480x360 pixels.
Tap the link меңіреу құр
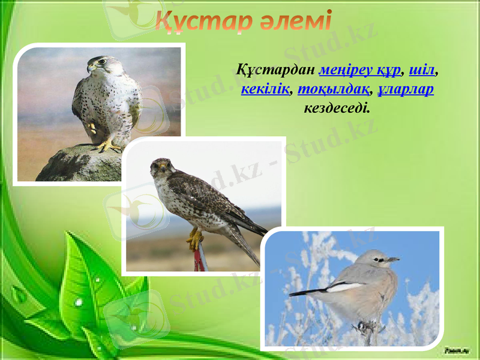click(360, 70)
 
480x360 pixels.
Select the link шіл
click(422, 70)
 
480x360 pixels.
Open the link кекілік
click(264, 90)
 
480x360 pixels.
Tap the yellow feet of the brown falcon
click(195, 239)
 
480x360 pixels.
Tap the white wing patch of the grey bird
click(345, 287)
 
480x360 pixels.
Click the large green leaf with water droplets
click(90, 288)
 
